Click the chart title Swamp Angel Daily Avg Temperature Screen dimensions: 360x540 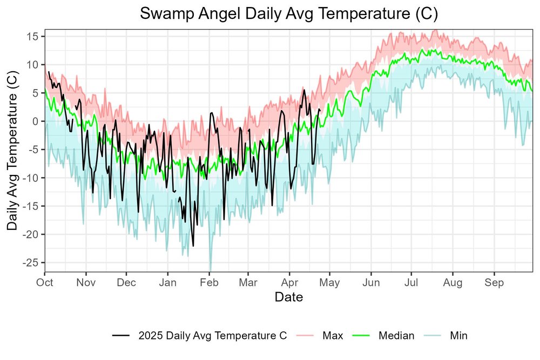click(x=288, y=14)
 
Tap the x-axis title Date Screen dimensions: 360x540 click(x=288, y=297)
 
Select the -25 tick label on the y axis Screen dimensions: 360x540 click(x=32, y=262)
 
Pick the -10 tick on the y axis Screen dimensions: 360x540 click(x=32, y=178)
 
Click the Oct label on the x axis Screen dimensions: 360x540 click(x=45, y=282)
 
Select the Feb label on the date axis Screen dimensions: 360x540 click(x=209, y=282)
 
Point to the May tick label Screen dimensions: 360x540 click(x=329, y=282)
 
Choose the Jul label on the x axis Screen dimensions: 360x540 click(x=412, y=282)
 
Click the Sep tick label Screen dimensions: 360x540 click(x=494, y=282)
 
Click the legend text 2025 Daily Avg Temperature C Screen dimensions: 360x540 click(x=212, y=336)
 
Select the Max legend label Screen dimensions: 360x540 click(x=333, y=336)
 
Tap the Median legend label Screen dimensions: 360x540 click(x=396, y=336)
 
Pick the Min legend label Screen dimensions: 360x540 click(x=458, y=336)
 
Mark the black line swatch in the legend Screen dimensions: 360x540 click(x=122, y=336)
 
